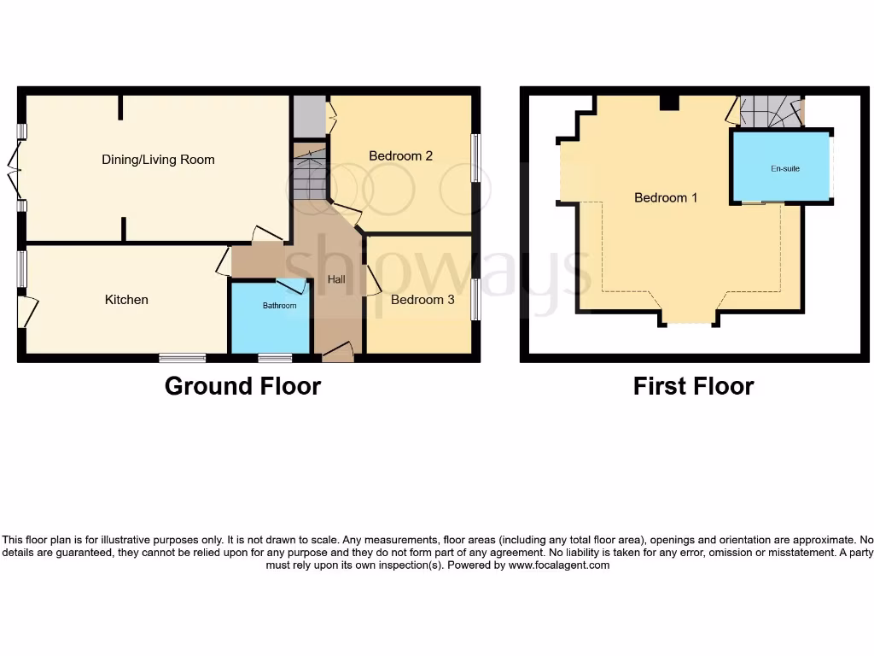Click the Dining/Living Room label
click(x=158, y=160)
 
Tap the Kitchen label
click(x=126, y=300)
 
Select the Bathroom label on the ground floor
click(x=279, y=306)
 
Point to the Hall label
click(x=336, y=279)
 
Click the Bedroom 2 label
click(x=400, y=155)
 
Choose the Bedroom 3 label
click(x=422, y=300)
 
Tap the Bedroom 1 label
click(x=666, y=197)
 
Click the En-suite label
click(x=785, y=169)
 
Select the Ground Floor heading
click(x=242, y=386)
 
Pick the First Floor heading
click(x=693, y=386)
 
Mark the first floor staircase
click(x=770, y=112)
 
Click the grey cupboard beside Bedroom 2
click(x=309, y=116)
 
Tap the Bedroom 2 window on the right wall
click(x=475, y=157)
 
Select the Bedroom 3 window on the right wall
click(x=475, y=299)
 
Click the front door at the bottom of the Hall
click(x=339, y=351)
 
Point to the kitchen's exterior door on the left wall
click(x=26, y=311)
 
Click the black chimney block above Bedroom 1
click(x=669, y=102)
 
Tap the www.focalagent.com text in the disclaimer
click(x=558, y=565)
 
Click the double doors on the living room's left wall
click(x=15, y=168)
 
